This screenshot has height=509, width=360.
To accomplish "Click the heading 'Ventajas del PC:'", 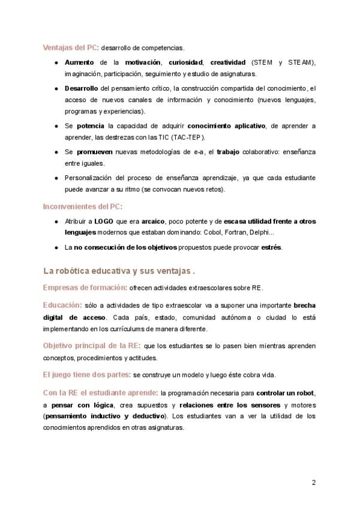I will (70, 47).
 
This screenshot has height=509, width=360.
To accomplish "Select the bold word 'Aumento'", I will (79, 62).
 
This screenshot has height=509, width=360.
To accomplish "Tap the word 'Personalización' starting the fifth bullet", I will (90, 178).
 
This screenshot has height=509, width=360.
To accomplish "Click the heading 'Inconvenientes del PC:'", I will (82, 206).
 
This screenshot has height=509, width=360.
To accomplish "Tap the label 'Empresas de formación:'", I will (85, 287).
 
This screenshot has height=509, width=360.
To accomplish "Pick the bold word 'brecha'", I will (302, 306).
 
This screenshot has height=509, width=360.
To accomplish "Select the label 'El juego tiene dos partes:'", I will (86, 375).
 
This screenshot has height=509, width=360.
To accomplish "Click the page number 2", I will (313, 482).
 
